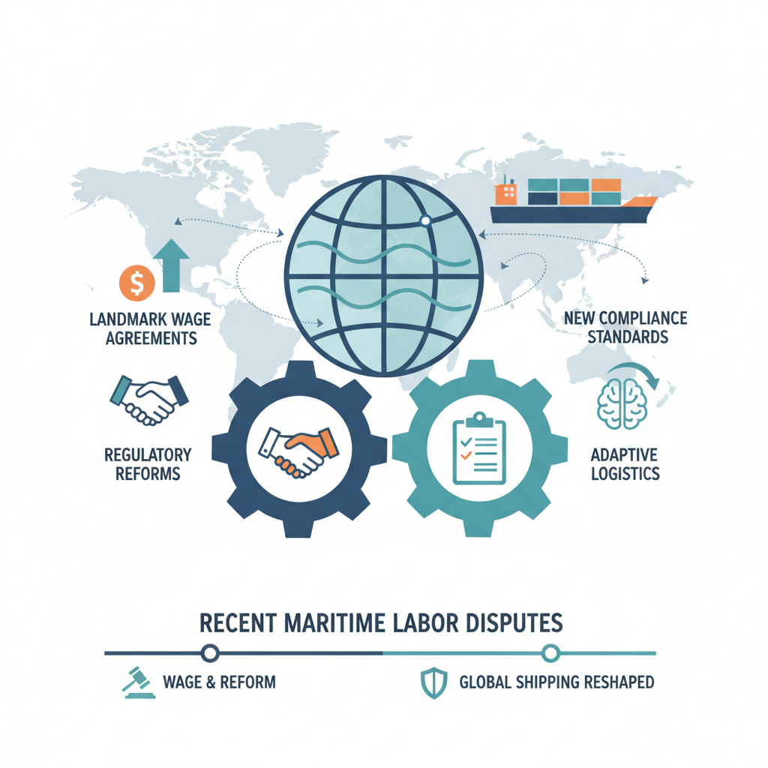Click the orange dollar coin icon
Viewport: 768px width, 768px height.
137,283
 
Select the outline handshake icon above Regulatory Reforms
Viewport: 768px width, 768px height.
149,399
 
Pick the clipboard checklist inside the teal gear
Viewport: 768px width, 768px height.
479,448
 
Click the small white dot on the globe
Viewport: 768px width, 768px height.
425,221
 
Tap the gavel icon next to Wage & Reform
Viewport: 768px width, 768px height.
139,682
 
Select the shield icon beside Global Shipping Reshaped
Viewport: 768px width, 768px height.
434,682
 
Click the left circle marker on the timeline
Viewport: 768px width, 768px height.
210,653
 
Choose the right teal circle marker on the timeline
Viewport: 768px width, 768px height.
550,653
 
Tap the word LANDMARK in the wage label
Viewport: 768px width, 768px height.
125,319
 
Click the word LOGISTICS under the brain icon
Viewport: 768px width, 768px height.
625,474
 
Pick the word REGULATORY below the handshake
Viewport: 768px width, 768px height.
148,455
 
